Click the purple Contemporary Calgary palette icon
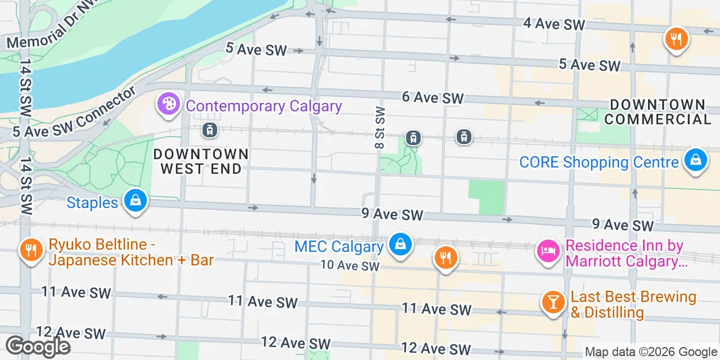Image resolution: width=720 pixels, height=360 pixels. point(168,105)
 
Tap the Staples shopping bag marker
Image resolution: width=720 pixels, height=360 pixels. point(135,201)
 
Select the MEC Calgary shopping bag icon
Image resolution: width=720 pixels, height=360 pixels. point(399,245)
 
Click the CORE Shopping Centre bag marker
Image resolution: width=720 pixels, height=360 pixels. point(695,161)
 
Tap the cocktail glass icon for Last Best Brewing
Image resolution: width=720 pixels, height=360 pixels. point(553,302)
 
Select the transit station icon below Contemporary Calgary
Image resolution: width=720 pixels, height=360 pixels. point(209,130)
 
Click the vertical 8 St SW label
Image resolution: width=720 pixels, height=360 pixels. point(380,128)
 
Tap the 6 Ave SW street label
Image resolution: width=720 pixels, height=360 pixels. point(433,97)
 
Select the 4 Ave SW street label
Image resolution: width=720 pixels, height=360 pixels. point(553,24)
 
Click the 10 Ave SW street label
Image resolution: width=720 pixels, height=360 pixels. point(350,265)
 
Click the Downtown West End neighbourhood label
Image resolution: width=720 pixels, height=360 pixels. point(201,161)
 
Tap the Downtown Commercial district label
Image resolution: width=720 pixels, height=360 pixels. point(658,112)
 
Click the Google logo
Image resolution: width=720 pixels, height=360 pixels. point(38,346)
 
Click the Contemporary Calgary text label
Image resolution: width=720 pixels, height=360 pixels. point(264,106)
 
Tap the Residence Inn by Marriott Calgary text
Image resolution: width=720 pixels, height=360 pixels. point(625,253)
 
